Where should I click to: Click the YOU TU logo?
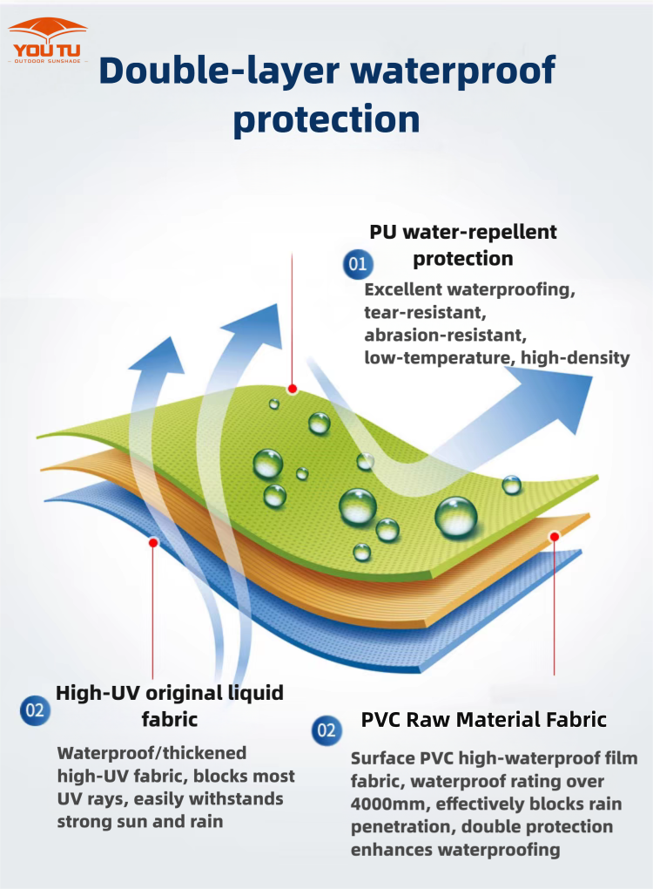48,40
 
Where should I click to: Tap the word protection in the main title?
326,119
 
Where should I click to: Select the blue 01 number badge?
358,263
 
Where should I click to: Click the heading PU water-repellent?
462,232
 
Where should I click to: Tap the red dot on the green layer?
293,389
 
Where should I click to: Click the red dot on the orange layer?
555,536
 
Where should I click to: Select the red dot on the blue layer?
153,543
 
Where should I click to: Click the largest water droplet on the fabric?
456,516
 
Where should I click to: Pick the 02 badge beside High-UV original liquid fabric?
35,710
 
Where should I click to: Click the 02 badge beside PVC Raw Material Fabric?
326,730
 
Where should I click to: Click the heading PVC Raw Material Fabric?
484,720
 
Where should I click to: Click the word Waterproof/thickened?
151,754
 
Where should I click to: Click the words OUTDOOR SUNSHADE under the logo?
48,61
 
